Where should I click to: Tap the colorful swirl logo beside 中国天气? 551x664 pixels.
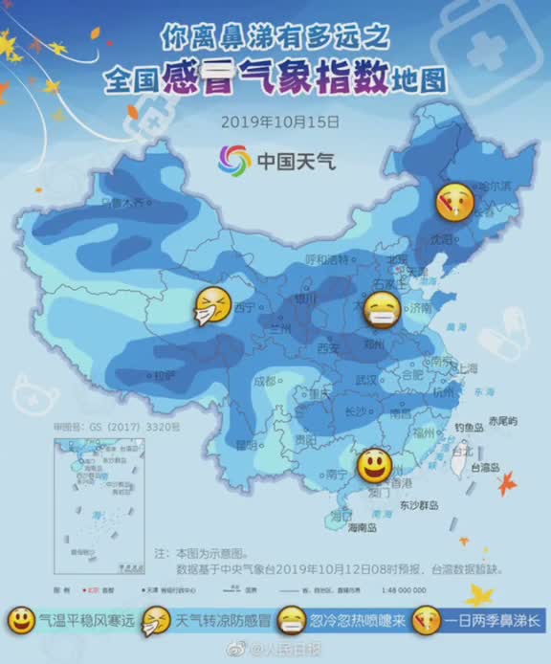(233, 160)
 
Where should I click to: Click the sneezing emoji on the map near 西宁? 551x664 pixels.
(211, 305)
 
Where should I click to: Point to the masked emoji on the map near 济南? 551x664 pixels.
(383, 310)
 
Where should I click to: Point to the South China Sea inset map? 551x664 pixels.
(90, 498)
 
